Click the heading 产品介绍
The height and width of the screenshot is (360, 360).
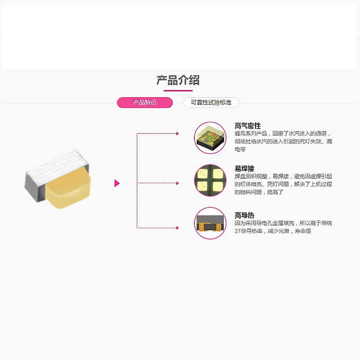tap(178, 80)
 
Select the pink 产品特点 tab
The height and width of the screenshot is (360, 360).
tap(145, 103)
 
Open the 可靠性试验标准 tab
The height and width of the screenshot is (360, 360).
tap(211, 103)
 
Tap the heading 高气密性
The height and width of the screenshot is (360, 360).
tap(247, 126)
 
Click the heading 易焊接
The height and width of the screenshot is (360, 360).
tap(244, 168)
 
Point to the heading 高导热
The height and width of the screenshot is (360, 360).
tap(244, 215)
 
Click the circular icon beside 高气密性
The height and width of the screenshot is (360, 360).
tap(210, 138)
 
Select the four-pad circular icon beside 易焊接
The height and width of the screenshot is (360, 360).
tap(210, 180)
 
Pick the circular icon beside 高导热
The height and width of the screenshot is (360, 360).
tap(210, 223)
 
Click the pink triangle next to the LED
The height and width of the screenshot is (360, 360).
tap(117, 183)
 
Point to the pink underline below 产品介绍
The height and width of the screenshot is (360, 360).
tap(178, 91)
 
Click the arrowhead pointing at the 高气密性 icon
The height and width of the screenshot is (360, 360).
tap(177, 134)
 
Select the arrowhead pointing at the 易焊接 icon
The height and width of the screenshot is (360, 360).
tap(177, 183)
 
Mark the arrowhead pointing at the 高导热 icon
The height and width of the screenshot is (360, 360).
tap(177, 228)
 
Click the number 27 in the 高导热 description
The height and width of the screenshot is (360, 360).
tap(238, 231)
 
